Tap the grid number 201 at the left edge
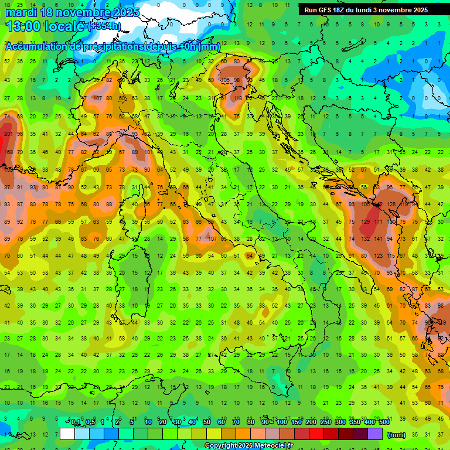click(x=8, y=134)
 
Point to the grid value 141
click(x=379, y=239)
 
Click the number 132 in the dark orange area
click(x=366, y=239)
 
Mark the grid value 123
click(x=379, y=256)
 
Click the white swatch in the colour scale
click(x=67, y=434)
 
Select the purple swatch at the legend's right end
click(x=375, y=434)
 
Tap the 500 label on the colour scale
click(x=384, y=422)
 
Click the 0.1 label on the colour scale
click(x=76, y=422)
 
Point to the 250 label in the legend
click(x=325, y=422)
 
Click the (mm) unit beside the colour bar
click(x=397, y=435)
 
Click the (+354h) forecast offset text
click(x=104, y=26)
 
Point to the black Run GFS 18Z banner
click(x=366, y=10)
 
